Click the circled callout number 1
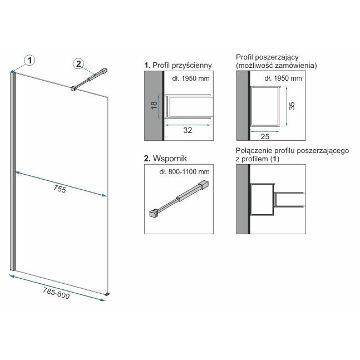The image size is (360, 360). click(29, 61)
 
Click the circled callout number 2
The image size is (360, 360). click(78, 63)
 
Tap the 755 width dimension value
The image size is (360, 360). click(60, 189)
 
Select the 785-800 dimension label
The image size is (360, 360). click(56, 294)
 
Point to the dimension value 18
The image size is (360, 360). click(155, 105)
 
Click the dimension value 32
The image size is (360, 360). click(188, 130)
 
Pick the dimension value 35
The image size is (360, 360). click(292, 106)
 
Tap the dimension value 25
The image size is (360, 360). click(265, 137)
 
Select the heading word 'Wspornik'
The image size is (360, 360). click(170, 159)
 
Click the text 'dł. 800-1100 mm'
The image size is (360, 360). click(184, 172)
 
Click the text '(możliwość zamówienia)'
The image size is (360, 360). click(277, 66)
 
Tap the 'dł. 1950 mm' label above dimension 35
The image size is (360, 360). click(283, 78)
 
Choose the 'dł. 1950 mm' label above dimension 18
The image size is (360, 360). click(191, 78)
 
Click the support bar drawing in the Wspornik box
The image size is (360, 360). click(179, 199)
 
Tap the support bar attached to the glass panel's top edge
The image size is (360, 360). click(89, 80)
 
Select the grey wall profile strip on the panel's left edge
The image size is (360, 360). click(13, 171)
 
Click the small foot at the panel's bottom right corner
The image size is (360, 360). click(107, 294)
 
